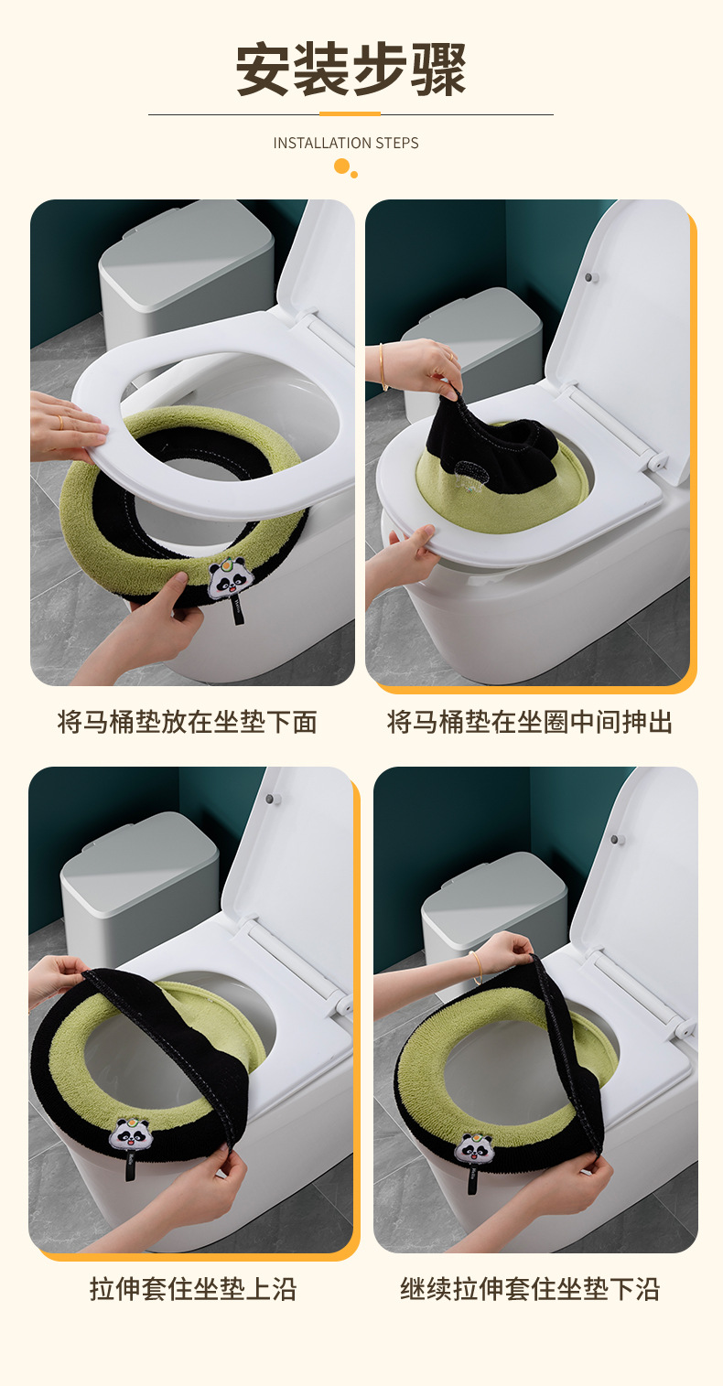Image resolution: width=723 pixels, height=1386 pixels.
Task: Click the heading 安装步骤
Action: [x=351, y=70]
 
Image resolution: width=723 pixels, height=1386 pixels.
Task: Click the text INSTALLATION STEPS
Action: [x=346, y=144]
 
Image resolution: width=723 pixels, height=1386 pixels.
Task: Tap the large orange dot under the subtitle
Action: [x=341, y=166]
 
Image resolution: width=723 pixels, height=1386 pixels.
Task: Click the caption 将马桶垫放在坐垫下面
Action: [x=188, y=722]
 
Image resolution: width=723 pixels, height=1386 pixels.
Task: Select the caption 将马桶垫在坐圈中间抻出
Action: [x=530, y=722]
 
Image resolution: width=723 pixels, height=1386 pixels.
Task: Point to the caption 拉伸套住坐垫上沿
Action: [x=193, y=1289]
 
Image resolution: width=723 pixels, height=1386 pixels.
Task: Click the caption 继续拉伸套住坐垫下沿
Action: [x=530, y=1289]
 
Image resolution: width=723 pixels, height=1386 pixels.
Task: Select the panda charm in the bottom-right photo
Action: [x=473, y=1150]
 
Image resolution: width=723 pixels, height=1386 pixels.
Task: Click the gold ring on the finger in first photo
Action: [x=60, y=422]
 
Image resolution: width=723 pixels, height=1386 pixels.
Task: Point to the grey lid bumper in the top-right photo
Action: [x=588, y=277]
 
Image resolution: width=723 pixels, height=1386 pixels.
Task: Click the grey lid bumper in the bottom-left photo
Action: [x=269, y=798]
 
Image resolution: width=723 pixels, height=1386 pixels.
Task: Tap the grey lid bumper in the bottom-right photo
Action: [x=615, y=840]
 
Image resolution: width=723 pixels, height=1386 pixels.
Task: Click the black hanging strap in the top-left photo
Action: [x=238, y=609]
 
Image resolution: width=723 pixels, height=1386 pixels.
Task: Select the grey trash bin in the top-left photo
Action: [x=186, y=278]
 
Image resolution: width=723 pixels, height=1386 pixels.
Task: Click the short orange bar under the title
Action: [x=350, y=113]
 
